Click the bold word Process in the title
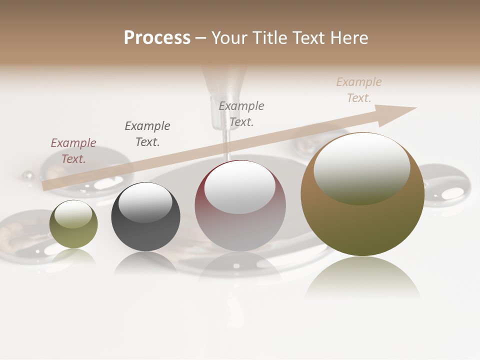click(157, 37)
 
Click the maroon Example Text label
click(73, 151)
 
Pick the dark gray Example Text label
click(147, 133)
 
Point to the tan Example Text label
click(359, 90)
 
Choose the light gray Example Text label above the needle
click(241, 113)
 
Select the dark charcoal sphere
click(145, 217)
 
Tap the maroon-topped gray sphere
click(240, 206)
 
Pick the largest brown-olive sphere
click(362, 195)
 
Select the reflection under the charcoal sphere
click(145, 263)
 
